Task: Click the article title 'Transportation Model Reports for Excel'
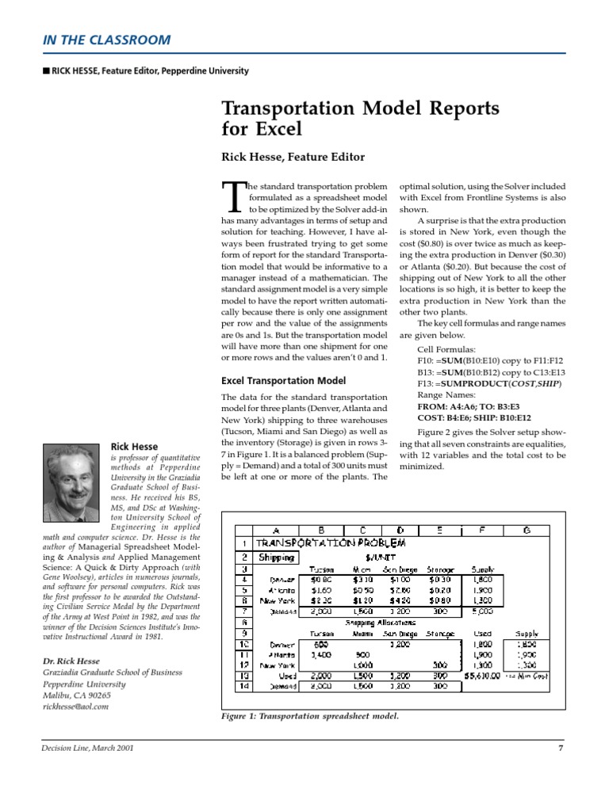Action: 360,117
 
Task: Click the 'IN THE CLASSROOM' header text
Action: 105,40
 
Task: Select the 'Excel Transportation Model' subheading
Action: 282,380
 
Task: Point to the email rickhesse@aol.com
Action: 75,706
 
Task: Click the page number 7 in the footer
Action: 560,748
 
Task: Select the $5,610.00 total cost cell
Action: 482,676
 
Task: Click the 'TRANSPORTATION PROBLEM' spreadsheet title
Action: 330,543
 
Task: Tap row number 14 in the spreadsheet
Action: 245,687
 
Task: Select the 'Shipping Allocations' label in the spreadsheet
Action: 380,623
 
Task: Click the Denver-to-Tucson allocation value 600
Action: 321,645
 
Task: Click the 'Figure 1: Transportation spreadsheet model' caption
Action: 309,717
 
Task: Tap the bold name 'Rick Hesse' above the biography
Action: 134,447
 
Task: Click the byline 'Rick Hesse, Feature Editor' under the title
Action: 293,157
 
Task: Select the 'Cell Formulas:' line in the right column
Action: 446,348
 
